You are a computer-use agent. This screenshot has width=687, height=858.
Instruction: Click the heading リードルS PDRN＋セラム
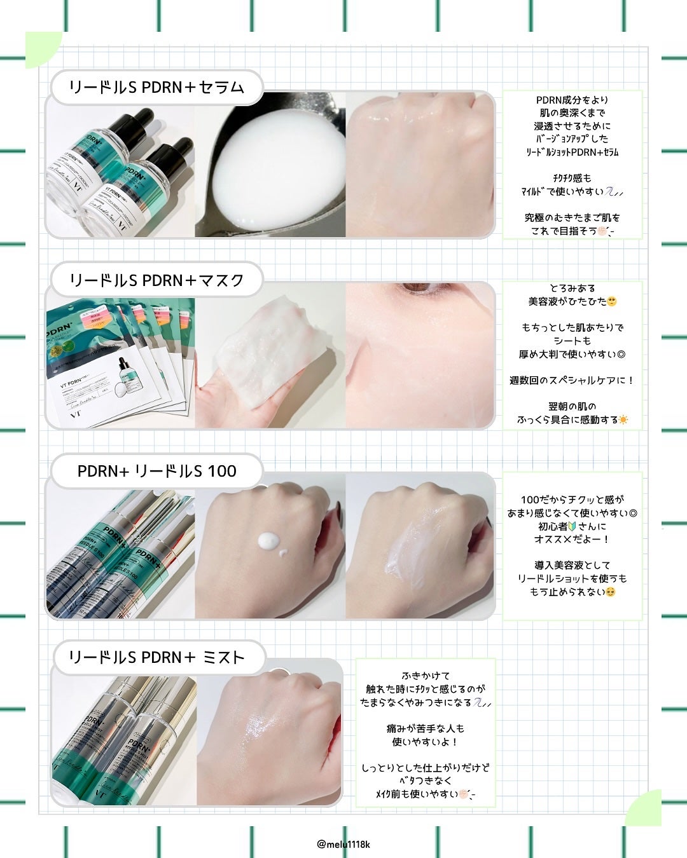156,87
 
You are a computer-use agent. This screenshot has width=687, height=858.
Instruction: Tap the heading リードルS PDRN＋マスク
156,280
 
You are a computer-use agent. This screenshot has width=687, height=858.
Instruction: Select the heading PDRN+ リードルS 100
156,471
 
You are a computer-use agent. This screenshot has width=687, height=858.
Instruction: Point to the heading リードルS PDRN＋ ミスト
156,657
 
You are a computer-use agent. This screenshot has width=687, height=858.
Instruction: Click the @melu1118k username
343,844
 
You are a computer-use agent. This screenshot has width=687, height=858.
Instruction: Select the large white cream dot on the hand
268,541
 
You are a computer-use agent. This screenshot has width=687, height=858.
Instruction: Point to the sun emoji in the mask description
623,419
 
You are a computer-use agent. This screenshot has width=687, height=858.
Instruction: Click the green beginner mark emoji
571,526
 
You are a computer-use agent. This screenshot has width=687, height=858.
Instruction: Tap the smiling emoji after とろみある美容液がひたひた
612,301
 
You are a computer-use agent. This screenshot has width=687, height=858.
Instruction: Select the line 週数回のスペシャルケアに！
571,380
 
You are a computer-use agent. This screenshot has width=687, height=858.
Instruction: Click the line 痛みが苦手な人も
425,728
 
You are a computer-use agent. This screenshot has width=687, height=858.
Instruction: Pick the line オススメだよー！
571,539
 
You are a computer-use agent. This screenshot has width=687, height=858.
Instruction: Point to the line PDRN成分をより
572,100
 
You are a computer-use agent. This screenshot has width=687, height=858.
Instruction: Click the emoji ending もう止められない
611,592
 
